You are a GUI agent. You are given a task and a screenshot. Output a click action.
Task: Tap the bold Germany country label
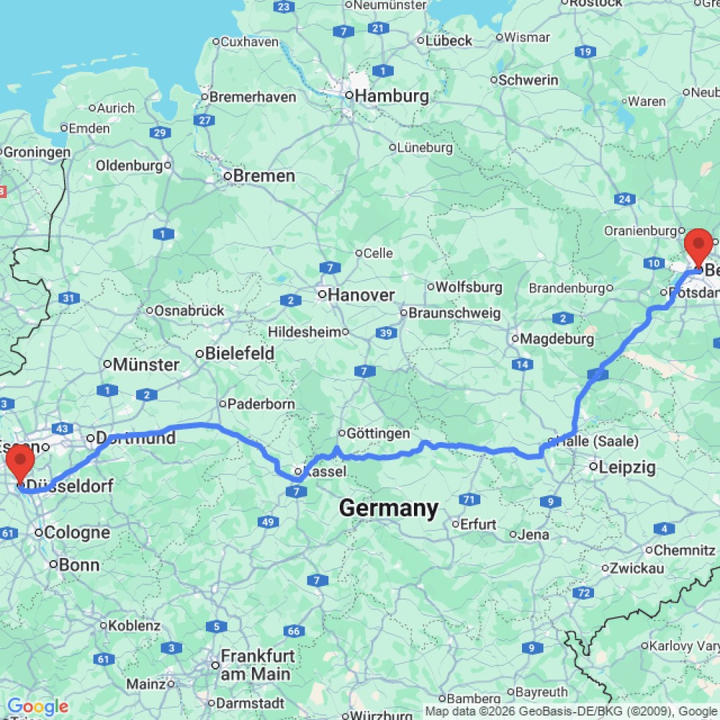click(388, 508)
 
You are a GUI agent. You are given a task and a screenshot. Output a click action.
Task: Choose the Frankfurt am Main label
click(257, 665)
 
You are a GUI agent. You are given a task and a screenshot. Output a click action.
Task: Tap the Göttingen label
click(378, 433)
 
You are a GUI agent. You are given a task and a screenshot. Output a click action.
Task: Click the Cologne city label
click(77, 533)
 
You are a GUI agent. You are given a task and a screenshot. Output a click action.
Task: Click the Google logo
click(37, 707)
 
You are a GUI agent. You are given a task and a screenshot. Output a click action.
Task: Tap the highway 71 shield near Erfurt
click(469, 499)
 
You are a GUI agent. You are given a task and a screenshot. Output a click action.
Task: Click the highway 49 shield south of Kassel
click(268, 521)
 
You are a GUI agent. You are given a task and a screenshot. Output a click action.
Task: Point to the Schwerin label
click(528, 80)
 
